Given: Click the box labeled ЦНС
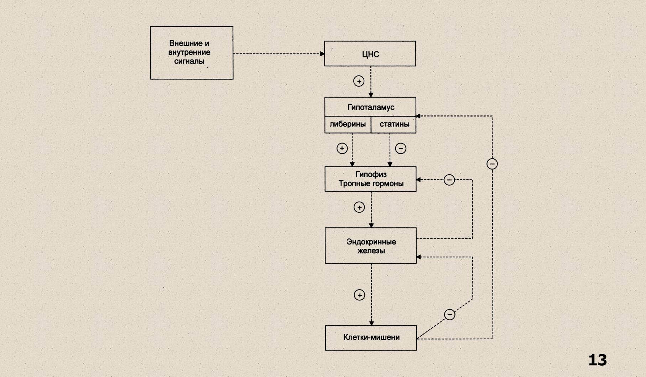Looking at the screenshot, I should (370, 54).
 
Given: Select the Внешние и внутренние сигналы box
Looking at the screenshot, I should (192, 53).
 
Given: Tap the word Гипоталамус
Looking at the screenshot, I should (371, 107).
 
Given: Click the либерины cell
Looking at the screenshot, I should (348, 124).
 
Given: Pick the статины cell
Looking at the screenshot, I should (394, 124).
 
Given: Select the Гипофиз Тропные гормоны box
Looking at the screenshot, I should (370, 179).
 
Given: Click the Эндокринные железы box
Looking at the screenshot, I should (371, 246).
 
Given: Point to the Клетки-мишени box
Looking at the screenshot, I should (371, 337).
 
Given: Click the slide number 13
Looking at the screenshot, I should (597, 360).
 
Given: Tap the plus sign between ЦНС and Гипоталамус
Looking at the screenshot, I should (359, 81).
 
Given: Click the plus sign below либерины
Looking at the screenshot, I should (342, 148).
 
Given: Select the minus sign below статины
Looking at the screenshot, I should (401, 148).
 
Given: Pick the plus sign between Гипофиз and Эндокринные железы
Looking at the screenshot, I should (359, 207).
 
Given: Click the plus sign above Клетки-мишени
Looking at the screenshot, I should (359, 295).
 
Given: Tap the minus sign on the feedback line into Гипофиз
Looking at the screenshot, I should (449, 180).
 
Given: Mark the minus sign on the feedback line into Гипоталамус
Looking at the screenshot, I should (492, 164).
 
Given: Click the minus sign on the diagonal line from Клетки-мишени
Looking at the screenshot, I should (449, 315).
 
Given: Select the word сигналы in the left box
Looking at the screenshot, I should (189, 61).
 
